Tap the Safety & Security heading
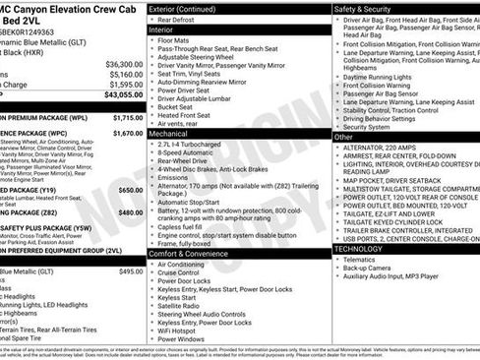point(369,8)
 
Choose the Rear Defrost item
point(181,19)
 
